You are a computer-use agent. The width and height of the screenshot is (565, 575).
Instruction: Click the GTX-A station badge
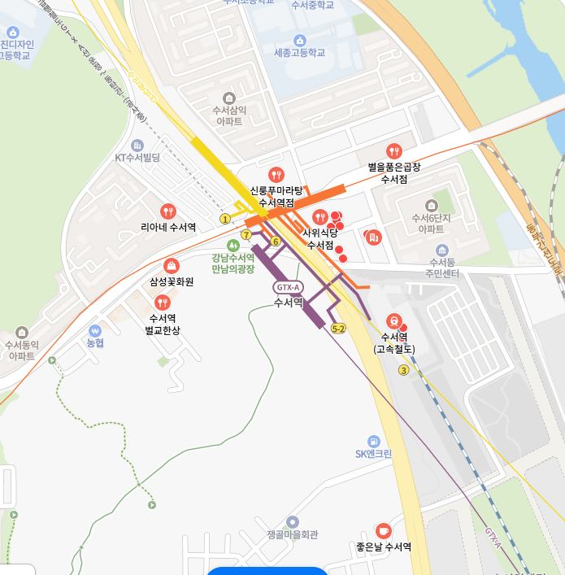coord(289,287)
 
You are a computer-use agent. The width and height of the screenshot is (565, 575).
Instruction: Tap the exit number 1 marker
coord(225,219)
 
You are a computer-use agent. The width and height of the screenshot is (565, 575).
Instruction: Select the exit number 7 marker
coord(246,234)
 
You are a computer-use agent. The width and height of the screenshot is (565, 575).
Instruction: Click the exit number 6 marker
coord(276,242)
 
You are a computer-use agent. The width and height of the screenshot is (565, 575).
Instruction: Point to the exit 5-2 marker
coord(339,329)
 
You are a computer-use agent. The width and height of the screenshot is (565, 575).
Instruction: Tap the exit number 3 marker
coord(403,371)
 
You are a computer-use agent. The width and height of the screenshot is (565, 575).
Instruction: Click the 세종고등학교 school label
coord(299,52)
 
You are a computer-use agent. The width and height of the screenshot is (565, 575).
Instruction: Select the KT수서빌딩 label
coord(137,157)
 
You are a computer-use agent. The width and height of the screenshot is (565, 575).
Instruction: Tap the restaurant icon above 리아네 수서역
coord(167,211)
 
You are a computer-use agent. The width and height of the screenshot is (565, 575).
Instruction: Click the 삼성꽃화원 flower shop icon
coord(172,266)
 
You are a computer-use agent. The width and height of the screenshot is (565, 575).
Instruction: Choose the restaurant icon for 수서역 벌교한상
coord(162,303)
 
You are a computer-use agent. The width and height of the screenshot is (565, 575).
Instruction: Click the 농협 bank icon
coord(95,331)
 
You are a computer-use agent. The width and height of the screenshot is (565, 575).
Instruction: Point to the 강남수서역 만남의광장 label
coord(233,263)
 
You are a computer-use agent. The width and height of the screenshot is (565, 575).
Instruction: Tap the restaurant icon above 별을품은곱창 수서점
coord(394,150)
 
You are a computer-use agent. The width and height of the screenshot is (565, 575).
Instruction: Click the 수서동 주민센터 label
coord(442,268)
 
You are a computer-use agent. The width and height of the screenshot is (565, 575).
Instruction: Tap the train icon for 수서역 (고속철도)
coord(393,320)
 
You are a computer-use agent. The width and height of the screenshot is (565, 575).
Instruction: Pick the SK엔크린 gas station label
coord(373,453)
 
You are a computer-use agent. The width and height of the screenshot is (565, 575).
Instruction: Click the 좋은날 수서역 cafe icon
coord(383,530)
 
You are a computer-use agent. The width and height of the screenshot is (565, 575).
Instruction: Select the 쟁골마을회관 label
coord(292,534)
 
